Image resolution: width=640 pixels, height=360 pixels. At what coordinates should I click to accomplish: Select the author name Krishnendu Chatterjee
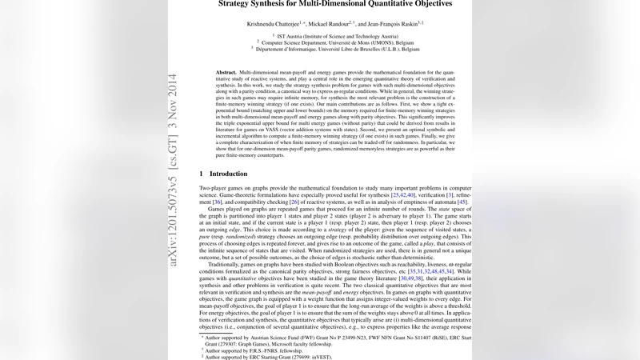click(279, 25)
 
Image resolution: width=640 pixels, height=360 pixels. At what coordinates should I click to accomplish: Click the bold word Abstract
click(228, 72)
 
